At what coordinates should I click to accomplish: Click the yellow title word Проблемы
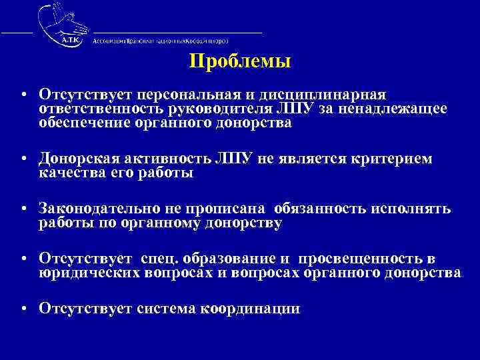point(240,63)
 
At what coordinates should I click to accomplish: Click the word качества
point(70,173)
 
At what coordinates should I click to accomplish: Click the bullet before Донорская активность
point(23,160)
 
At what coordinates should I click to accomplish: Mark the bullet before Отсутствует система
point(23,309)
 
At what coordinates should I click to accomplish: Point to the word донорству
point(244,223)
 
